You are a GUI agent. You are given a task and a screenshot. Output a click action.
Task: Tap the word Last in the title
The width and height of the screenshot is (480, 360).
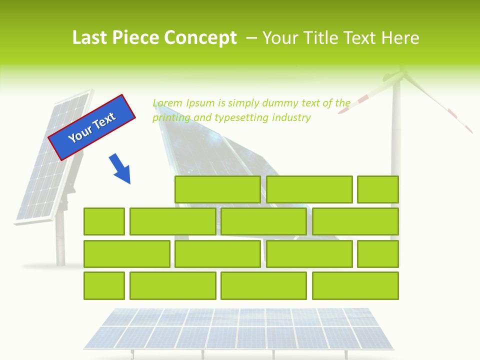tap(91, 38)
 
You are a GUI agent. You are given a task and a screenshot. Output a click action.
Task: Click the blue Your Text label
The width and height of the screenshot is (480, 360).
tap(92, 127)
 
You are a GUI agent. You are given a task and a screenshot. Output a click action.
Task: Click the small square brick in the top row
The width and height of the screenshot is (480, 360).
tap(378, 189)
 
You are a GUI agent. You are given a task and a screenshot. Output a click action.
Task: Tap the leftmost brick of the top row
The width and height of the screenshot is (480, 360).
tap(217, 189)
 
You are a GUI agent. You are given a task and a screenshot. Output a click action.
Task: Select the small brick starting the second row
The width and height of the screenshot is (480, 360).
tap(104, 221)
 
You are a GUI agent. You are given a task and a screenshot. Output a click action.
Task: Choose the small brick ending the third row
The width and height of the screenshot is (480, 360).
tap(378, 254)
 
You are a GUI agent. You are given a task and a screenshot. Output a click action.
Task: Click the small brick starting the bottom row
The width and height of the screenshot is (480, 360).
tap(104, 286)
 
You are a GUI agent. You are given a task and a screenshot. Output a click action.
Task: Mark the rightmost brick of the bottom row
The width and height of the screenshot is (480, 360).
tap(355, 286)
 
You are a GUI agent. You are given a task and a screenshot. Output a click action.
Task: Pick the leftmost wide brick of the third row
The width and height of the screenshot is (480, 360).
tap(127, 254)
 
